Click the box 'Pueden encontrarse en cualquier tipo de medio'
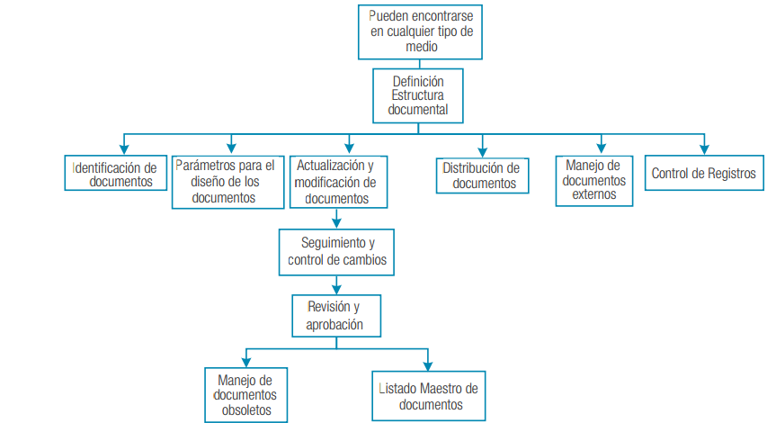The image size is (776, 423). [x=420, y=32]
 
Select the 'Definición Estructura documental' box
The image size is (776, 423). [x=418, y=95]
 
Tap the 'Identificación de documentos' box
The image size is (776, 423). [x=116, y=173]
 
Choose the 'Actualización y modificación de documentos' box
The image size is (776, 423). [x=334, y=182]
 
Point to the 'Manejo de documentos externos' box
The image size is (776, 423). [x=594, y=180]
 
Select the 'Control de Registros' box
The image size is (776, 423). [x=703, y=173]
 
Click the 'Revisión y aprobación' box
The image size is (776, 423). [x=334, y=316]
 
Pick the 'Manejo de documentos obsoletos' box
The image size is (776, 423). [x=245, y=395]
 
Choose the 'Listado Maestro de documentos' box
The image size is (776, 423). [x=428, y=396]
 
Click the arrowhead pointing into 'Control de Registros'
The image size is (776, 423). [x=703, y=148]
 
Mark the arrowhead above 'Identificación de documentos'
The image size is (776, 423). [x=122, y=148]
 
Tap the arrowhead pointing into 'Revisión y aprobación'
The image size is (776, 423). [x=334, y=288]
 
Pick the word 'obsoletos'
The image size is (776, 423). [x=245, y=410]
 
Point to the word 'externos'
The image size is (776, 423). [x=594, y=194]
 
